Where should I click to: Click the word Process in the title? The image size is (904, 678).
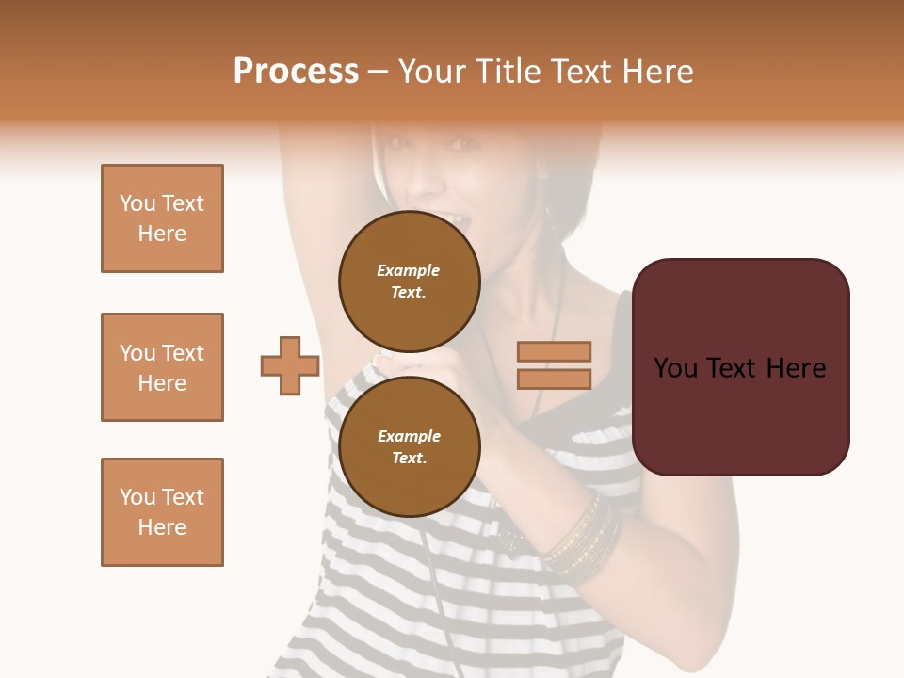[x=296, y=72]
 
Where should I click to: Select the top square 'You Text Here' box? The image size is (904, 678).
[x=162, y=218]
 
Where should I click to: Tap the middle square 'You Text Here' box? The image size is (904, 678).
[x=162, y=367]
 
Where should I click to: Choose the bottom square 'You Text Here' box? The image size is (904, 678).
[x=162, y=512]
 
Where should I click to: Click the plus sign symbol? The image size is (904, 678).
[x=290, y=365]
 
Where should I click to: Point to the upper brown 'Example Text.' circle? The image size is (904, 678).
[x=409, y=281]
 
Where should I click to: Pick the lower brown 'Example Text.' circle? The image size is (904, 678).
[x=409, y=446]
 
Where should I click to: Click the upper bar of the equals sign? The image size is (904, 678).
[x=554, y=351]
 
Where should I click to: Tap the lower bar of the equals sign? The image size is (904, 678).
[x=554, y=379]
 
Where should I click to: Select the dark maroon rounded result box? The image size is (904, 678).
[x=740, y=367]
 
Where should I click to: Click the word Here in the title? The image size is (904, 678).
[x=655, y=72]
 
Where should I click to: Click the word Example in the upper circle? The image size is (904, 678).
[x=409, y=270]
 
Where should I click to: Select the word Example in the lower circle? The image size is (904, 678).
[x=409, y=436]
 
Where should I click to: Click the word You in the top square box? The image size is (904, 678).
[x=137, y=203]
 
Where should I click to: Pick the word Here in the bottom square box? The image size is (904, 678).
[x=162, y=527]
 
